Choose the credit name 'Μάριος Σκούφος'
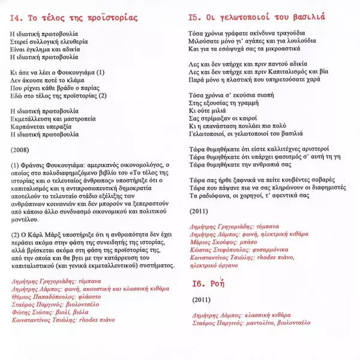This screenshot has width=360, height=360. pos(212,240)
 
